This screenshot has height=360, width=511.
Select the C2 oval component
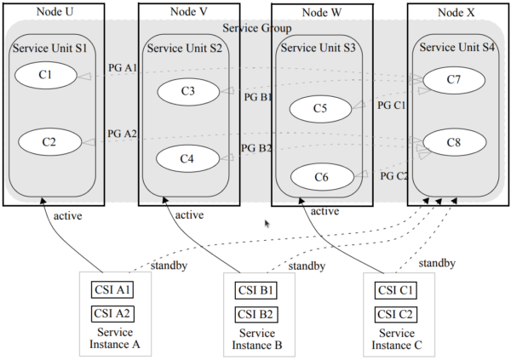pos(49,141)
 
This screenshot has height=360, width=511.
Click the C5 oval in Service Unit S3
pos(319,108)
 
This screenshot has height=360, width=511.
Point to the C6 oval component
pos(320,176)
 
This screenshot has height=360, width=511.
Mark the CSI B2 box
pos(254,314)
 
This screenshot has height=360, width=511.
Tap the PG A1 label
pos(122,67)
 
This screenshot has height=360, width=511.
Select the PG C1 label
pos(392,106)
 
